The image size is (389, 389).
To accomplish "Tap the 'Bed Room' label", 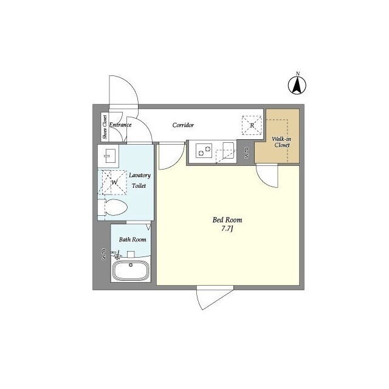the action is tap(227, 220).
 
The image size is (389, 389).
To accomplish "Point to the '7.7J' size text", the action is tap(227, 229).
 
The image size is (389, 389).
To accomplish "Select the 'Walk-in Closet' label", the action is tap(281, 142).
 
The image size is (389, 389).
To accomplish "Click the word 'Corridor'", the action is tap(183, 125).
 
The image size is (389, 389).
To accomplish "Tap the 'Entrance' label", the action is tap(120, 125).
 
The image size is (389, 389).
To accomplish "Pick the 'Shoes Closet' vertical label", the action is tap(105, 127).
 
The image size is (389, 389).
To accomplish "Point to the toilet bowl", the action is tap(116, 207).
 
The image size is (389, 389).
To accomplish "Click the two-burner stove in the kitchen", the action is tap(204, 151).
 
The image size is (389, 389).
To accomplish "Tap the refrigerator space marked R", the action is tap(252, 125).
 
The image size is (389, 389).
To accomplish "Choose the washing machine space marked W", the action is tap(112, 182).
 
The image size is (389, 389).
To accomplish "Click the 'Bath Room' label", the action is tap(133, 239).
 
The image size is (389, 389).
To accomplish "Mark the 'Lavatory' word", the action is tap(140, 175).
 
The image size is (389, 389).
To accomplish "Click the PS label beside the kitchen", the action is tap(246, 153).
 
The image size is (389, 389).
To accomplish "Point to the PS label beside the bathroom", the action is tap(103, 255).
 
